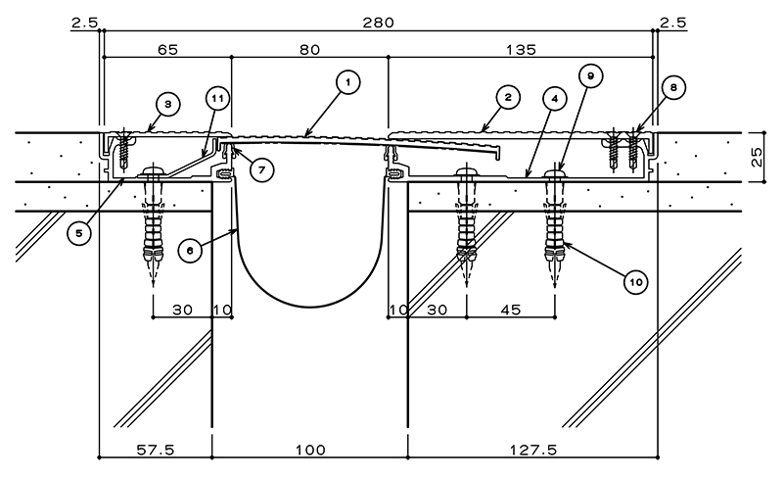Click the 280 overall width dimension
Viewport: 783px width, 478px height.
point(379,23)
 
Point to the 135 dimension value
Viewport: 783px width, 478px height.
point(521,50)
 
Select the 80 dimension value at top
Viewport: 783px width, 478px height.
point(309,50)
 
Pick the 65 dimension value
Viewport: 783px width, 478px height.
point(167,50)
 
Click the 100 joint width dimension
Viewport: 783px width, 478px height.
point(310,451)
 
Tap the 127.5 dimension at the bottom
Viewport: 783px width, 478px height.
point(532,451)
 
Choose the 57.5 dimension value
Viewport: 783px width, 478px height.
point(156,451)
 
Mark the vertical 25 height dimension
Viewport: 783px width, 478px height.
point(757,157)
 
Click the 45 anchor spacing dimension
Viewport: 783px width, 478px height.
point(510,310)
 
